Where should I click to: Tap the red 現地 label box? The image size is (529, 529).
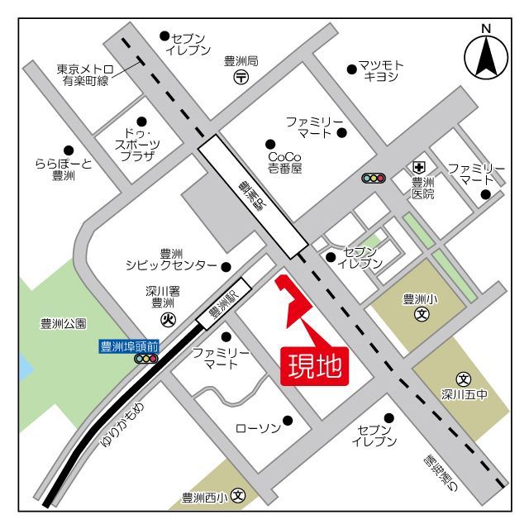tap(315, 365)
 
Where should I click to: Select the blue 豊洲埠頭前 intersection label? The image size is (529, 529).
tap(128, 346)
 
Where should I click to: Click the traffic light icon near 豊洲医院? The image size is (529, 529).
tap(374, 177)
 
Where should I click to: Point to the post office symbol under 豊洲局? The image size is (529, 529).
tap(241, 78)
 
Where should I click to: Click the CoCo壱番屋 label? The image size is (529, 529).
tap(285, 162)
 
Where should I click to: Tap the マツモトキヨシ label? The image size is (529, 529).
tap(381, 71)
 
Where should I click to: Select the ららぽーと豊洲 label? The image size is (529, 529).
tap(63, 169)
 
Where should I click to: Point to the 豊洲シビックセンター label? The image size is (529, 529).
tap(171, 260)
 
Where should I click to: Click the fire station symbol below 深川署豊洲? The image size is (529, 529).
tap(168, 318)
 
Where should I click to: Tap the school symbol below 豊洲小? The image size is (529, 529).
tap(422, 314)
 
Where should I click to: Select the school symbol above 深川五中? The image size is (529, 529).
tap(464, 379)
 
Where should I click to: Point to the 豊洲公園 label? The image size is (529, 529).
tap(63, 324)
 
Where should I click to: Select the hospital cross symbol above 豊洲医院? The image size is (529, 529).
tap(420, 166)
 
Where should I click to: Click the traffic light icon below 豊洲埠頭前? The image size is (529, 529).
tap(146, 360)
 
